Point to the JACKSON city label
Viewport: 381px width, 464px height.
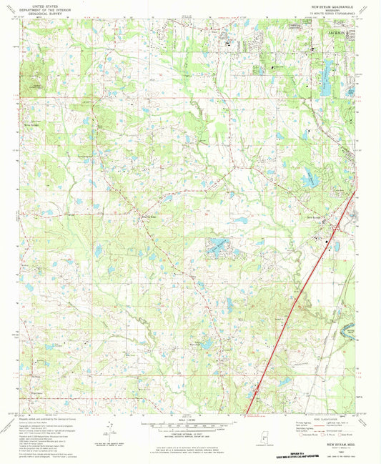340,33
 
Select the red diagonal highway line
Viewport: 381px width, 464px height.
292,307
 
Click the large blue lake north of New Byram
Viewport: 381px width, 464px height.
312,179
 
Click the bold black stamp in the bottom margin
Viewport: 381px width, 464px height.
321,455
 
